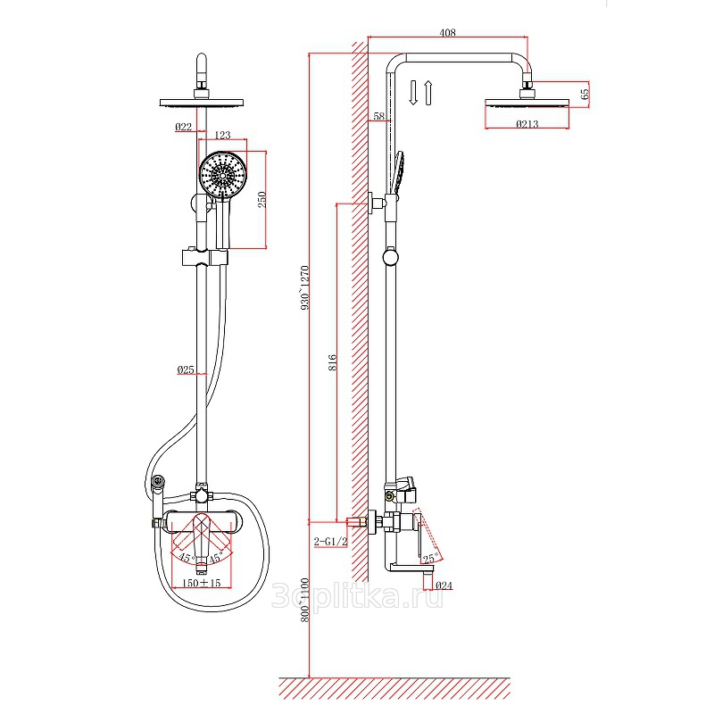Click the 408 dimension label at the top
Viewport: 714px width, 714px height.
448,32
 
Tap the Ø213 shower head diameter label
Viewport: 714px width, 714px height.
527,124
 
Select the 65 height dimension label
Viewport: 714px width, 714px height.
585,94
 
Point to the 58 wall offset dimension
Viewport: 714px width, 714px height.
378,116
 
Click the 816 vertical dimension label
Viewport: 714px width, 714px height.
332,362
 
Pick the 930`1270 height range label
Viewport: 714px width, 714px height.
304,287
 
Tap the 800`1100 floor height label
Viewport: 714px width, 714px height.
304,600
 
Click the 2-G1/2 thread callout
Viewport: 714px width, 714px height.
330,542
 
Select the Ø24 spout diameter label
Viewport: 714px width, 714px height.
444,585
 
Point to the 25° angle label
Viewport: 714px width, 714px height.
431,558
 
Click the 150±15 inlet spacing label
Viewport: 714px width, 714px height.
201,583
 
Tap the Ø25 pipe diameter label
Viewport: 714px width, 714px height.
186,369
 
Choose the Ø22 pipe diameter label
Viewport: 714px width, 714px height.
184,127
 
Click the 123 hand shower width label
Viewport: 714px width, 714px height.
222,135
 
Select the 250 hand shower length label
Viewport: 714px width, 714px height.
262,199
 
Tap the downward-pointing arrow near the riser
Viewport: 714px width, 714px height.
413,93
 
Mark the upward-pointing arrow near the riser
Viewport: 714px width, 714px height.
428,93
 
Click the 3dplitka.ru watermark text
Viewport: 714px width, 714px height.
357,596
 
